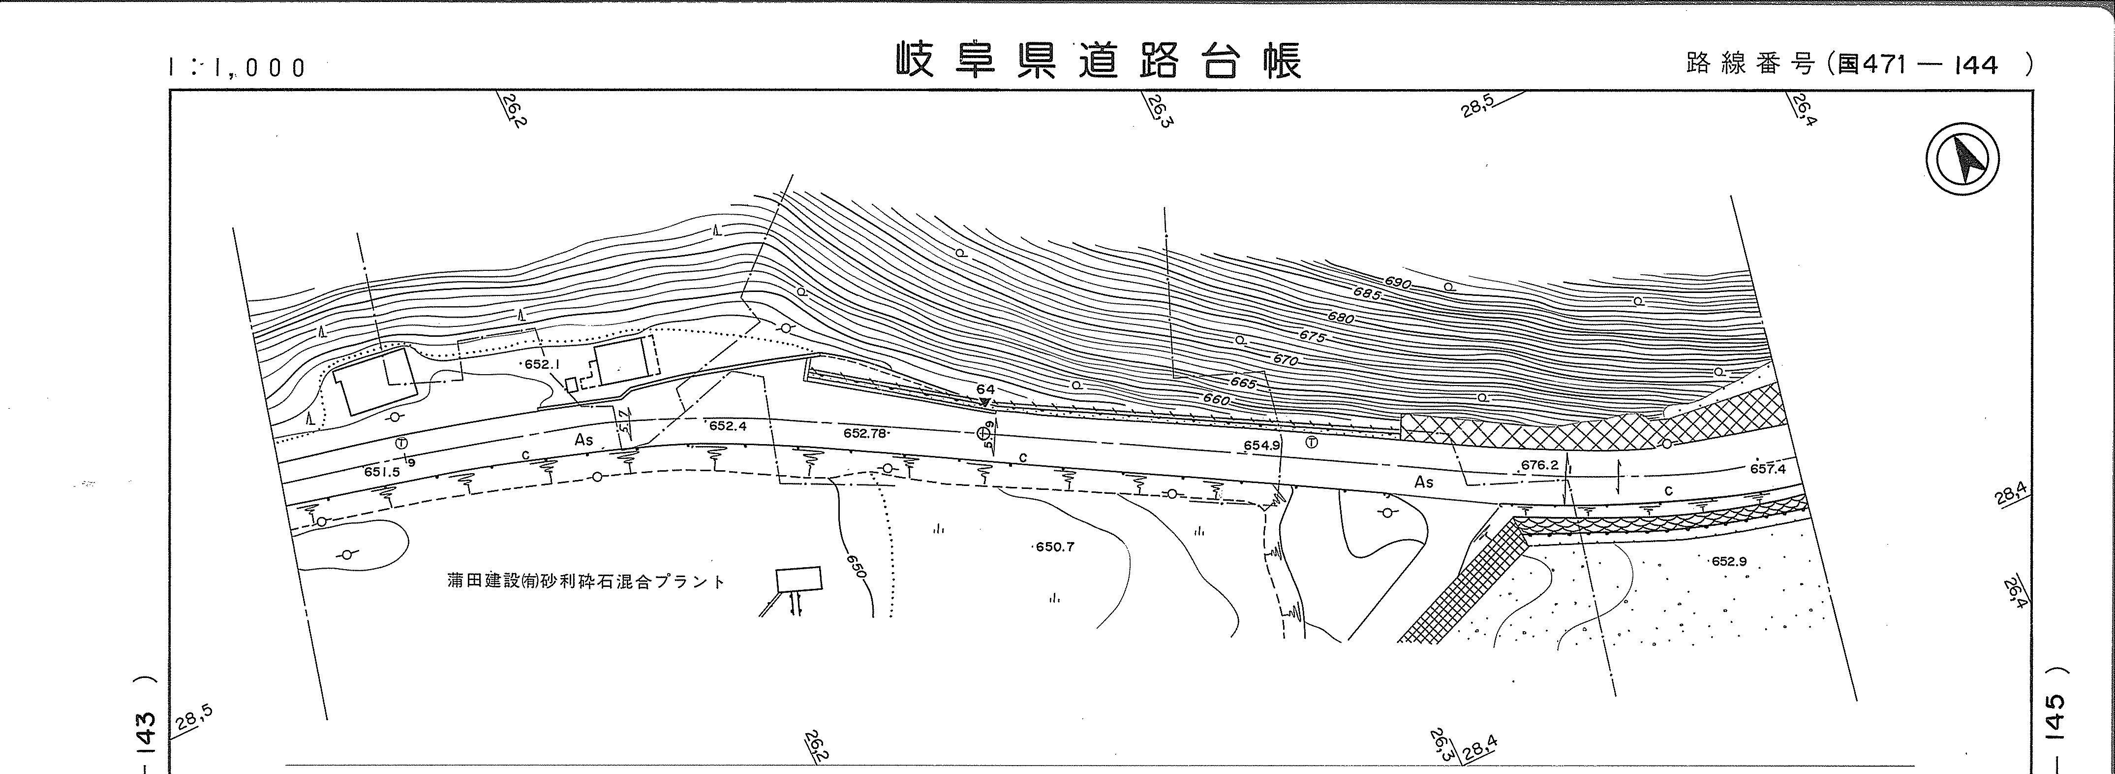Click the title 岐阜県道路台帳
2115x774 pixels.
coord(1099,62)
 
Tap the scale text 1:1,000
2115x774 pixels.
coord(237,67)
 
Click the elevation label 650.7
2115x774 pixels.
coord(1054,547)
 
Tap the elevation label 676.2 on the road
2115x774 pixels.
coord(1538,465)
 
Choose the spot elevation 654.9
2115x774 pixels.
coord(1261,445)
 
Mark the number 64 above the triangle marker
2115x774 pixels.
coord(985,388)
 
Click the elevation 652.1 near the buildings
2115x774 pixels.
coord(541,364)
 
